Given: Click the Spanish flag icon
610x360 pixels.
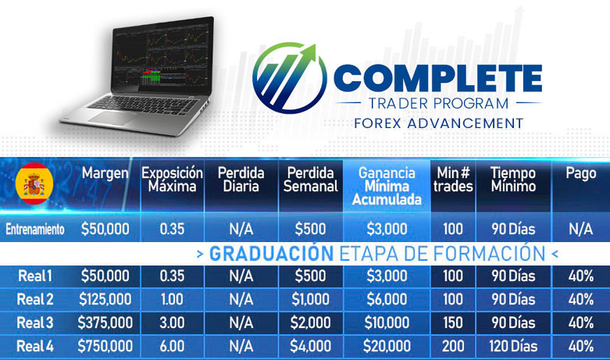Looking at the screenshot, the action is (x=34, y=184).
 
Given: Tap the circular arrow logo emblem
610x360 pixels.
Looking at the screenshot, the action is (x=290, y=78).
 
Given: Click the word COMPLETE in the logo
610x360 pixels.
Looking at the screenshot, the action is (x=437, y=78).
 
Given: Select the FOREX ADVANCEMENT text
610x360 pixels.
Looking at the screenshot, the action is (x=438, y=123).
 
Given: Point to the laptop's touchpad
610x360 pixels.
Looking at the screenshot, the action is (x=112, y=118).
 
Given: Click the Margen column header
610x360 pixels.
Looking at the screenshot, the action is (x=105, y=173).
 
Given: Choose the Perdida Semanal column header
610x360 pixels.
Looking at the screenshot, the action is (x=310, y=180).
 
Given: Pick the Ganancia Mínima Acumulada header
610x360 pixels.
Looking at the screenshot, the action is (x=387, y=186).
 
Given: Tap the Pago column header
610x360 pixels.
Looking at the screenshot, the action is (x=581, y=174).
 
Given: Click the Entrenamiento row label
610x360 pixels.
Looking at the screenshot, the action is (x=35, y=230).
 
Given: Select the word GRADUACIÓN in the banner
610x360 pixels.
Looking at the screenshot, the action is (x=271, y=254).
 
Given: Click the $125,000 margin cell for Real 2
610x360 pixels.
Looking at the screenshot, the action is (x=105, y=299).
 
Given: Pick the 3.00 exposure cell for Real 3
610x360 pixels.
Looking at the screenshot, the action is (x=172, y=323).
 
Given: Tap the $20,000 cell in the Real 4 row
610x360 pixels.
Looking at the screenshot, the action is (x=387, y=346).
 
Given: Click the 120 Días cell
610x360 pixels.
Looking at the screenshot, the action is (x=513, y=346).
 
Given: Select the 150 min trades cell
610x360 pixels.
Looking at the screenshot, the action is (x=453, y=323).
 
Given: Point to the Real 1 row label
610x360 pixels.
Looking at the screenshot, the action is (x=35, y=276).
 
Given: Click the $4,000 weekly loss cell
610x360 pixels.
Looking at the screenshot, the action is (x=310, y=346).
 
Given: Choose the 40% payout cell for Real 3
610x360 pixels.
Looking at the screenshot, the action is (x=581, y=323).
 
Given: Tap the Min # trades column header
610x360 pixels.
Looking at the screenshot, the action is (x=453, y=180).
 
